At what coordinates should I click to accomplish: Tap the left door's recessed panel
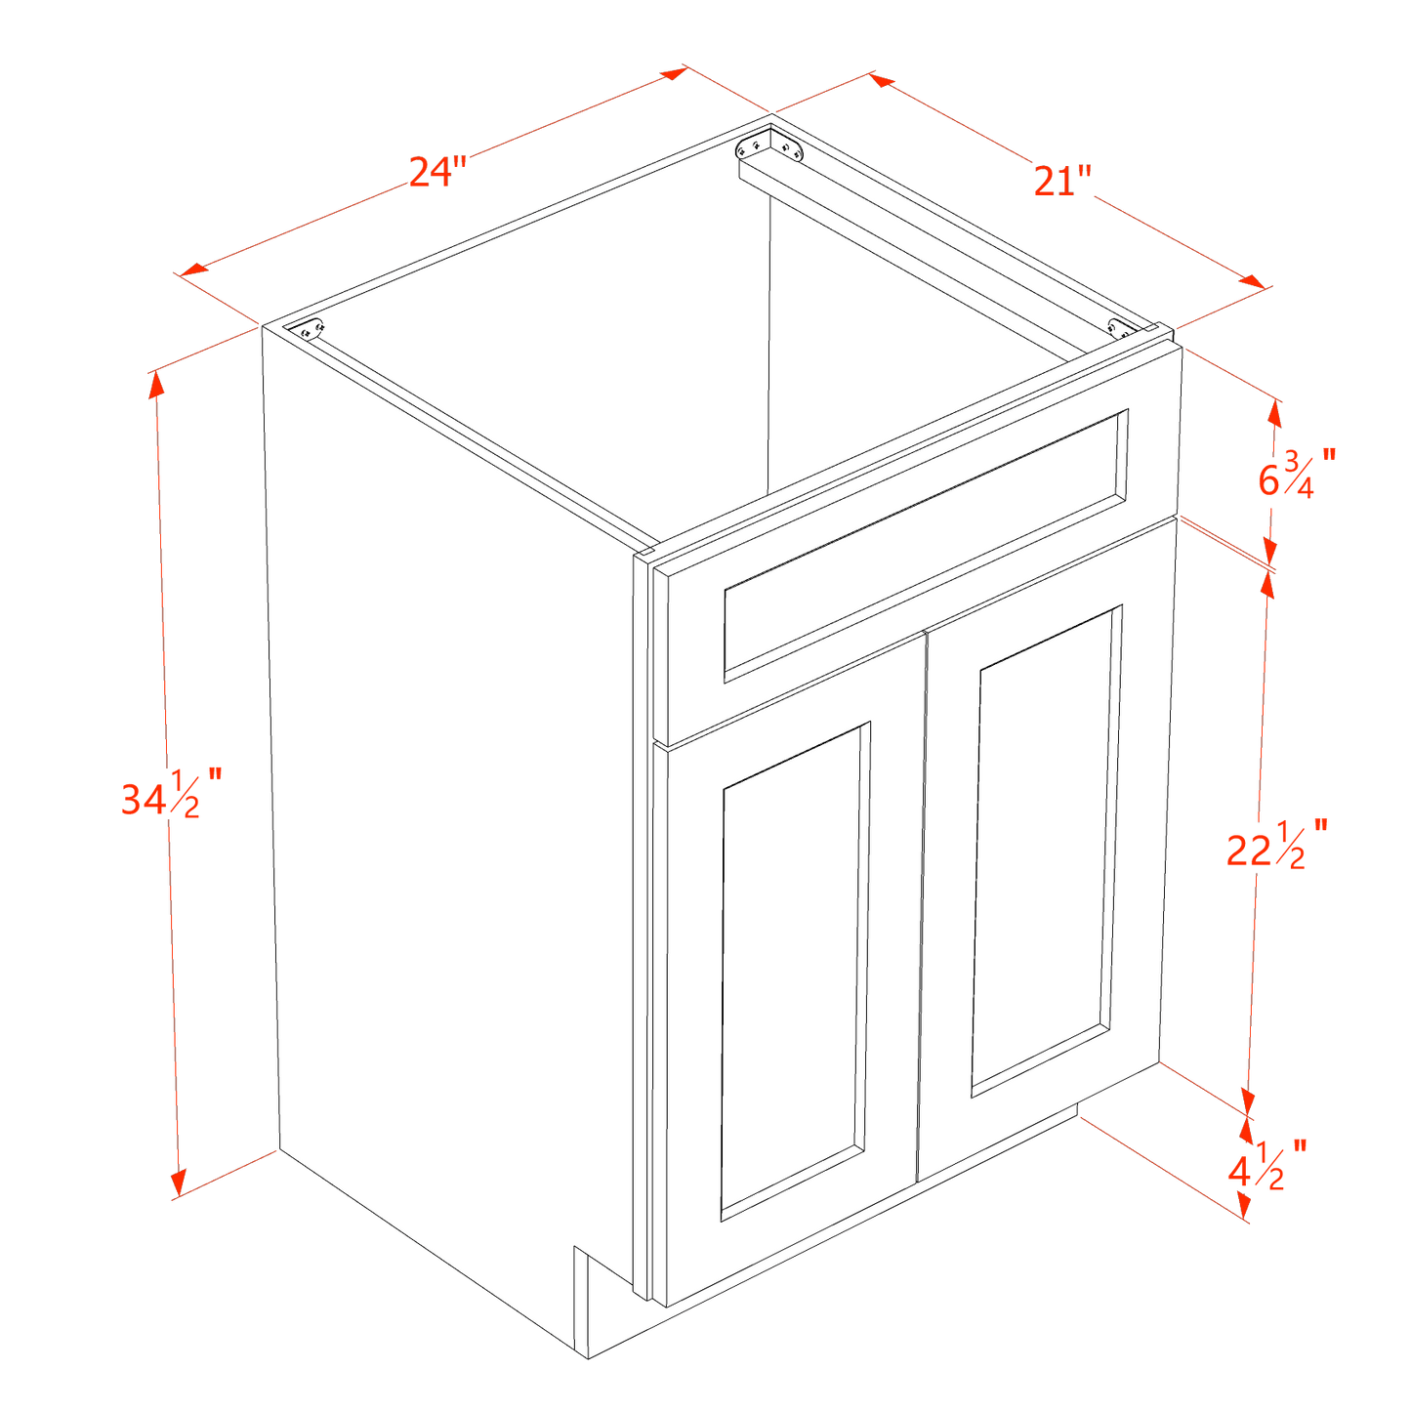point(793,972)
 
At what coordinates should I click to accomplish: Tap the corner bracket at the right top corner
point(1122,328)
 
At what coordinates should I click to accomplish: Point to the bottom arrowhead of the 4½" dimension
point(1244,1211)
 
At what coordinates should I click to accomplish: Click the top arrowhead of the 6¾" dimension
point(1274,411)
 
